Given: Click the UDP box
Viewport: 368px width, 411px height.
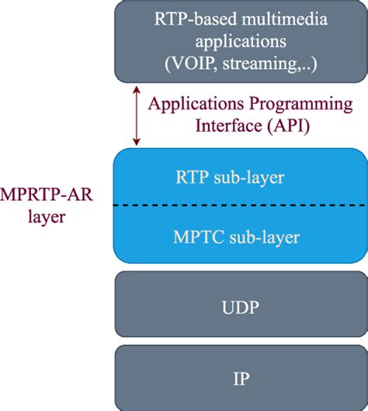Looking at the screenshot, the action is tap(241, 304).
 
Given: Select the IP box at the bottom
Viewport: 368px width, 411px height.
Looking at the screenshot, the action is tap(241, 378).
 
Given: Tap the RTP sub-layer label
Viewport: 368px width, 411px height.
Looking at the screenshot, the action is tap(230, 178).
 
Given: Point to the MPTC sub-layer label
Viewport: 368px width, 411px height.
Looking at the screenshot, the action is tap(236, 237).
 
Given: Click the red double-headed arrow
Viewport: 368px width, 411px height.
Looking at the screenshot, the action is tap(136, 116).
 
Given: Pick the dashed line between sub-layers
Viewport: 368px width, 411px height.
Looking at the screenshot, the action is tap(240, 205).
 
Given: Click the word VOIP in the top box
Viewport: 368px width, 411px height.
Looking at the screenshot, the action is tap(192, 64).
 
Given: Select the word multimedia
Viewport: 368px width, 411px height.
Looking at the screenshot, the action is tap(284, 19).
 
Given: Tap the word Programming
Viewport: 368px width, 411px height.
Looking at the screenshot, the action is tap(300, 105).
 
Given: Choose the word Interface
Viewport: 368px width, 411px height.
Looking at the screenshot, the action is tap(228, 126).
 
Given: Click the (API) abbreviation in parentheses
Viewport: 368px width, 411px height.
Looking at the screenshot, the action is tap(288, 126).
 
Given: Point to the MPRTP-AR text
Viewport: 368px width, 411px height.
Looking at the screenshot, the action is tap(47, 195).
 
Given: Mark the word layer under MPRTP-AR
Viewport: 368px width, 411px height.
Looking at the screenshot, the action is tap(47, 218).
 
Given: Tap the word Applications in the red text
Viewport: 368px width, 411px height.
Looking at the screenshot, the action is tap(196, 104).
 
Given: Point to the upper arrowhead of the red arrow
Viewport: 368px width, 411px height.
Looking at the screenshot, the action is tap(136, 90).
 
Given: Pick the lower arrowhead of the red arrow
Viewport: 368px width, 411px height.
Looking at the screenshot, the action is tap(136, 143).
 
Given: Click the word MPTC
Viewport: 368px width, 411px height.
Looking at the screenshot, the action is tap(199, 237).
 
